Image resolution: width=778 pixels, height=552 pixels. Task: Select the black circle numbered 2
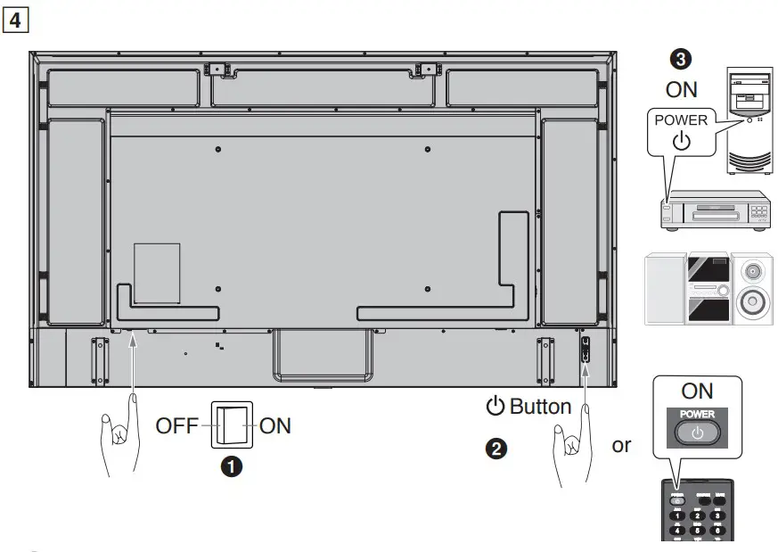click(x=496, y=449)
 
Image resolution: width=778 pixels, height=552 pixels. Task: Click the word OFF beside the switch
click(x=177, y=425)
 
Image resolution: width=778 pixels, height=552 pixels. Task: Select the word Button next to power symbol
click(x=540, y=408)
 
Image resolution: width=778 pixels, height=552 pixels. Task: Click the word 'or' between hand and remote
click(x=621, y=445)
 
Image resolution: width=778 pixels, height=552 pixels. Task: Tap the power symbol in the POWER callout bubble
click(x=681, y=141)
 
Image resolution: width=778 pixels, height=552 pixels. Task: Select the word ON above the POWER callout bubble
click(x=682, y=90)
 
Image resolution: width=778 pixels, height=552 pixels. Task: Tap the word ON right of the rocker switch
click(x=274, y=425)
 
